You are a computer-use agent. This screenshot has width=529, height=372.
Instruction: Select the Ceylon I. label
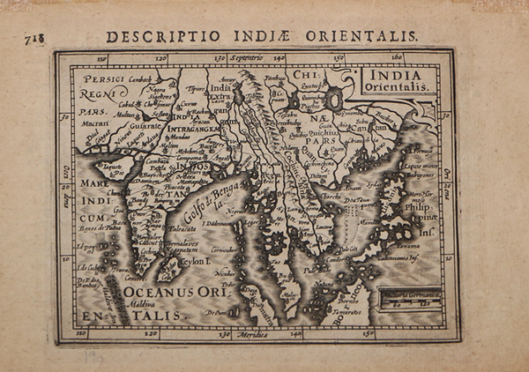coord(195,262)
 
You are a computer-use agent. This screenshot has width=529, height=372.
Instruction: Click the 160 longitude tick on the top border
coord(396,58)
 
